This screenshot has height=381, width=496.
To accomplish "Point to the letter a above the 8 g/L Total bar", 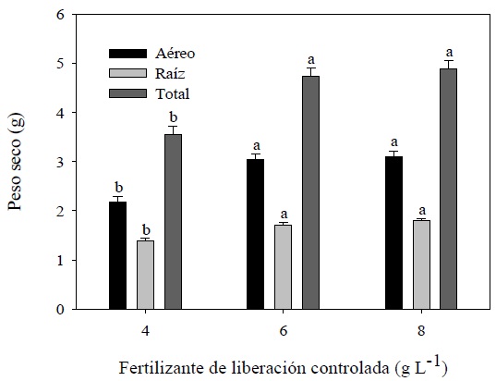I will click(450, 52).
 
